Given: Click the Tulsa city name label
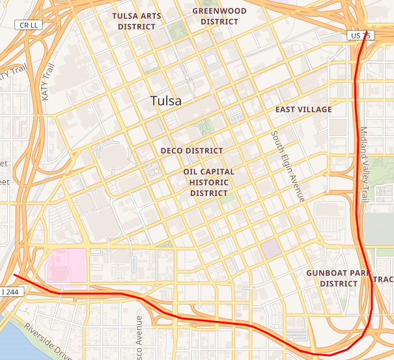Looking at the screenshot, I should (166, 101).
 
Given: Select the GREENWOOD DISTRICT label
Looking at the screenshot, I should (219, 16).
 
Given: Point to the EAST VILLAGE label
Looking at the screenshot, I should (303, 109).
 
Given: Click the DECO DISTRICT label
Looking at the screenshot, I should (191, 150).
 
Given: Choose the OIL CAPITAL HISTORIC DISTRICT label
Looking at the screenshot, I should (209, 182).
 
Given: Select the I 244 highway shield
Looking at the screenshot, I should (11, 292).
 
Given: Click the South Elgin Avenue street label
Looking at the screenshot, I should (288, 167).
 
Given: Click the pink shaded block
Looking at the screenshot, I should (65, 266).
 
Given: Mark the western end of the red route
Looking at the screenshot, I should (14, 275).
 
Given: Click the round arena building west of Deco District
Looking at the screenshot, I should (113, 156).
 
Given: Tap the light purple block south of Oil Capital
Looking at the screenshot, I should (270, 248).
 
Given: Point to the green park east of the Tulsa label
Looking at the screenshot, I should (206, 126).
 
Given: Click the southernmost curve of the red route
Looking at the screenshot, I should (326, 355).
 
